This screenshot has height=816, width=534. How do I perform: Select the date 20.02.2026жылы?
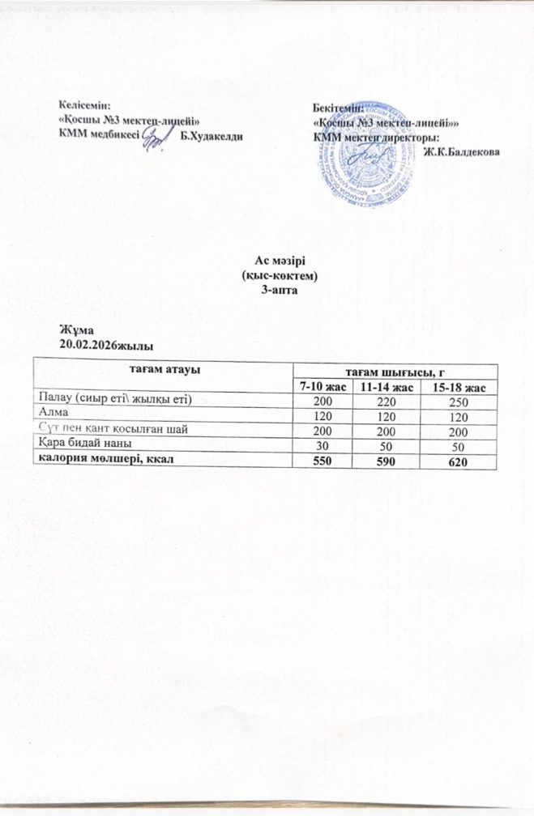point(106,345)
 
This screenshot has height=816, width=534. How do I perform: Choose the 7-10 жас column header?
point(324,389)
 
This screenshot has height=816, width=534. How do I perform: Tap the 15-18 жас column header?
point(459,389)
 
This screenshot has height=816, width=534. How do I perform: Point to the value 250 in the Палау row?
point(459,401)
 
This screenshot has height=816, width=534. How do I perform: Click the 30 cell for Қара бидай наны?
point(324,444)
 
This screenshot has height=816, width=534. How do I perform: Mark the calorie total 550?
point(324,458)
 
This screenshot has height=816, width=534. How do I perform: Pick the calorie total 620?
point(459,461)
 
